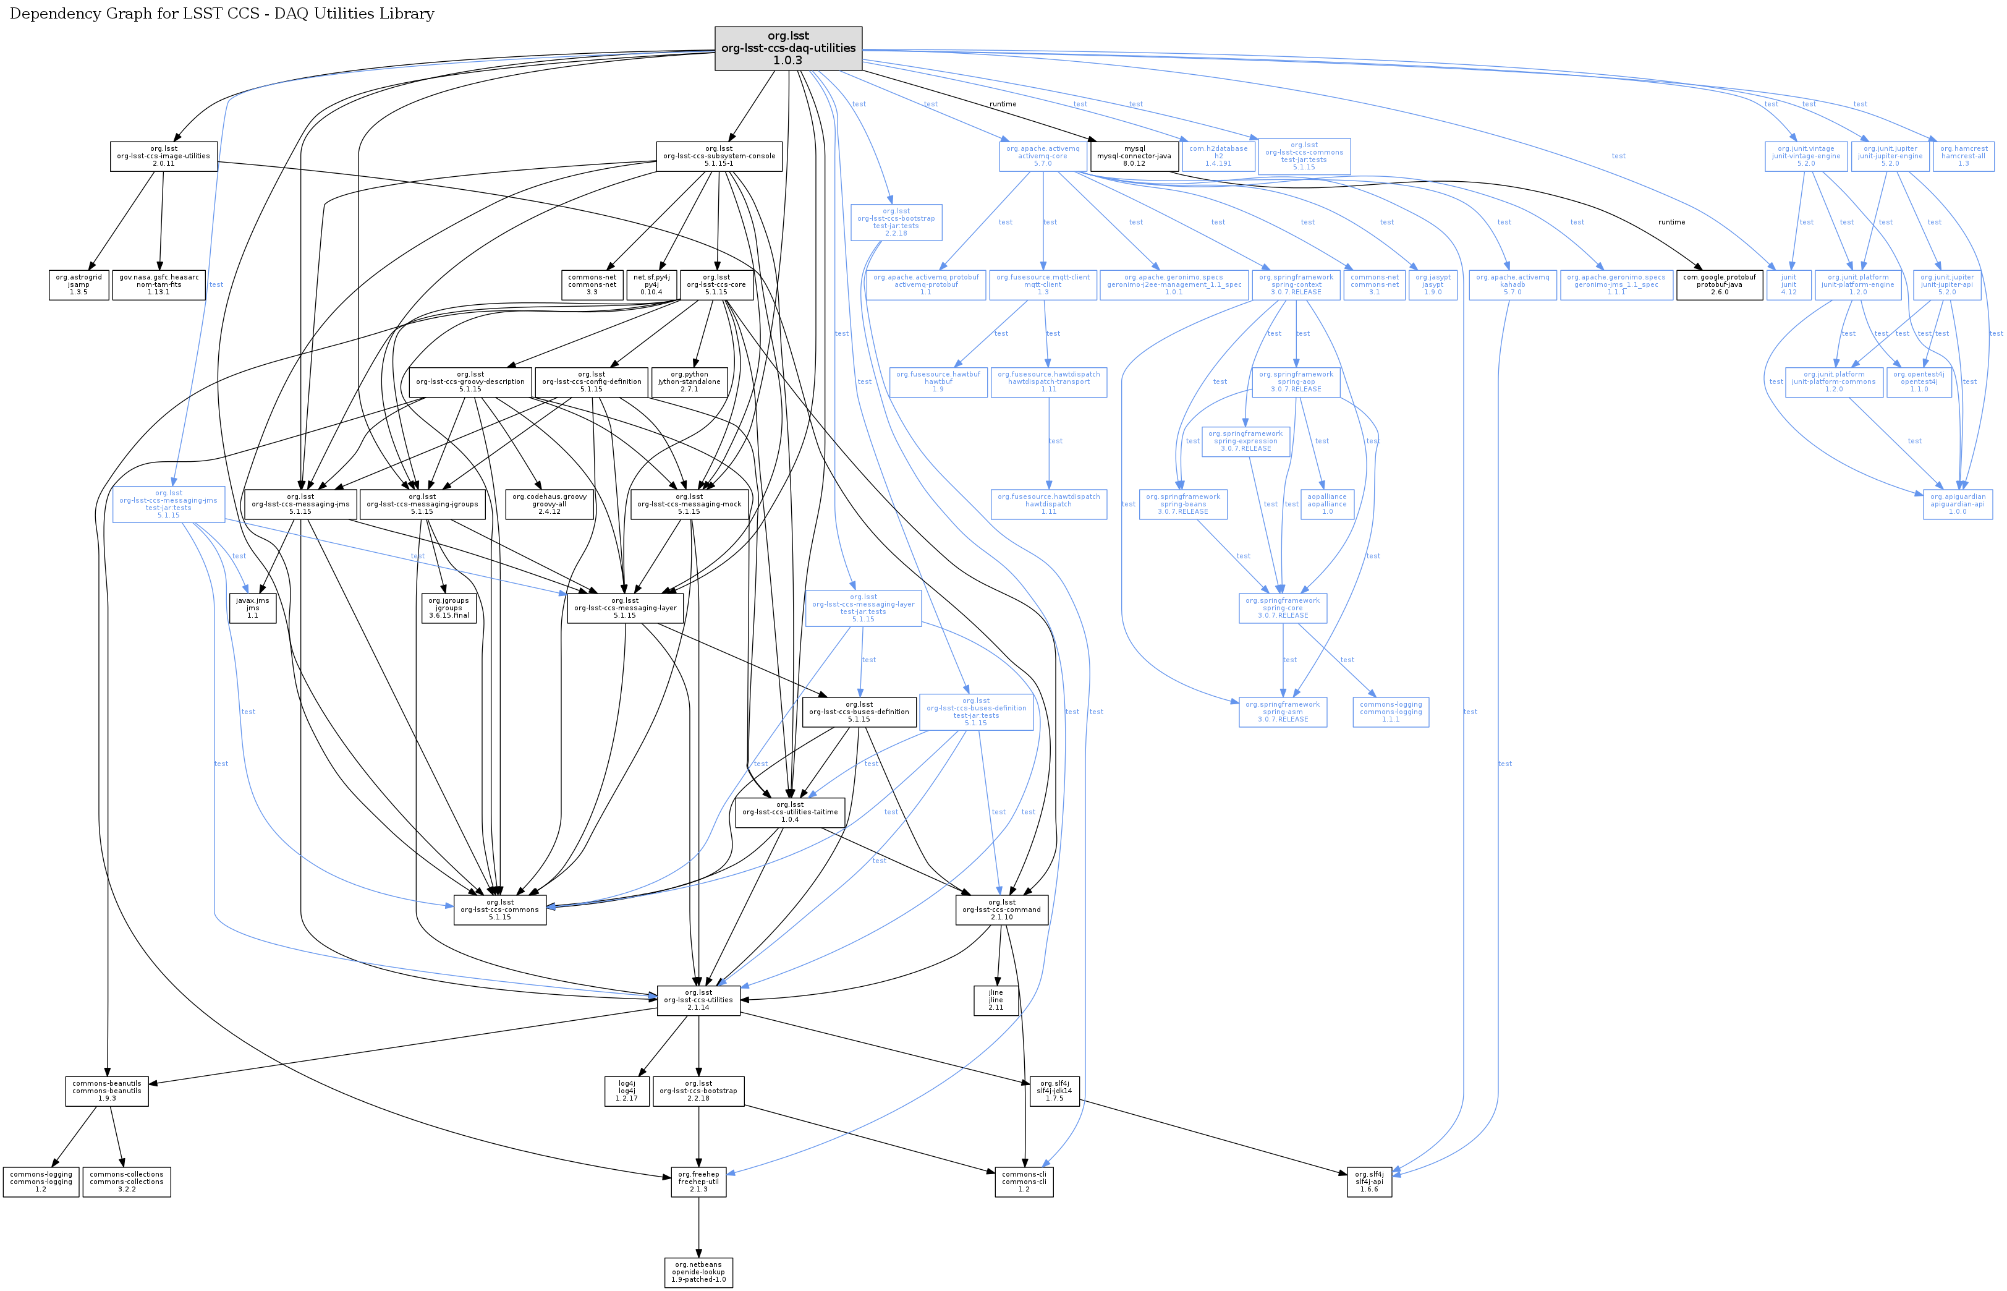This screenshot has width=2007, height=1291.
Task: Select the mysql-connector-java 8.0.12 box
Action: point(1134,156)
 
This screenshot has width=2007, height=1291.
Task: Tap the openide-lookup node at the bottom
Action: point(698,1272)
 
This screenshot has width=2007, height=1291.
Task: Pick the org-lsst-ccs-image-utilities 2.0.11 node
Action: point(163,156)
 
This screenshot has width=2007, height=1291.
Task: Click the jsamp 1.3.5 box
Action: point(78,285)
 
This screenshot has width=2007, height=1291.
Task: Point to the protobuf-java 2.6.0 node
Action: point(1719,285)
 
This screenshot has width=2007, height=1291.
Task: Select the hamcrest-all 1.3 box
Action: point(1962,156)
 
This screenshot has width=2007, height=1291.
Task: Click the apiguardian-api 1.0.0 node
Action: point(1957,504)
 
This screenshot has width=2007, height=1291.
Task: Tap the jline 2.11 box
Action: point(996,1000)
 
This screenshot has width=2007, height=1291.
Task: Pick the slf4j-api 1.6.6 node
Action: point(1369,1182)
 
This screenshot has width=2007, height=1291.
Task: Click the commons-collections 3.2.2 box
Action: point(127,1182)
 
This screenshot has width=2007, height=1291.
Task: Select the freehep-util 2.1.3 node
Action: point(698,1182)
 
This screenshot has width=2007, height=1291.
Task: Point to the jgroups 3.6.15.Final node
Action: point(449,608)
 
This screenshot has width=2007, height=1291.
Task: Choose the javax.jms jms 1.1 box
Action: point(252,608)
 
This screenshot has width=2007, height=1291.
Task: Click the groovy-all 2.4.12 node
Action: point(549,504)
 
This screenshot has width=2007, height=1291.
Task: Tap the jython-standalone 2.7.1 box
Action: point(689,382)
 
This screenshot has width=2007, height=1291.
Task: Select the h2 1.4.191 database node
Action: point(1218,156)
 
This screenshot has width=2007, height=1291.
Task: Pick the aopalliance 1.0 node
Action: point(1326,504)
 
